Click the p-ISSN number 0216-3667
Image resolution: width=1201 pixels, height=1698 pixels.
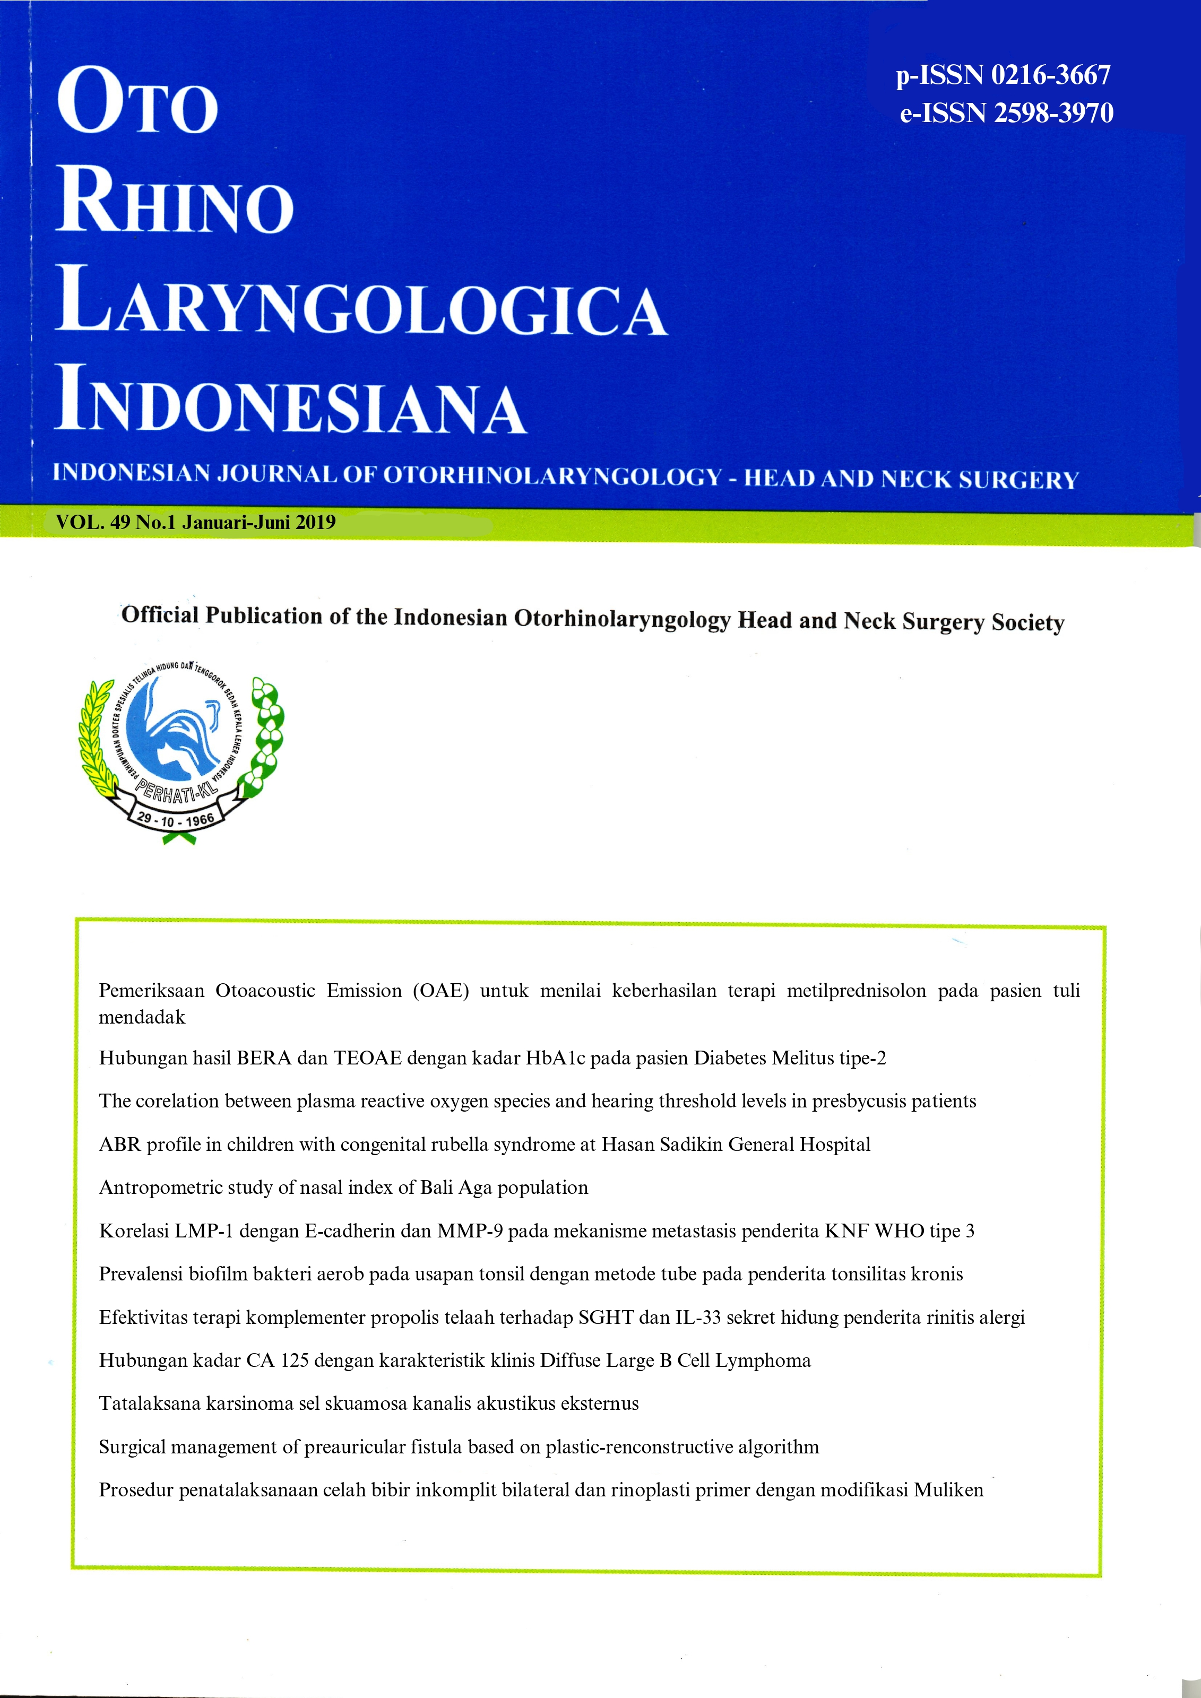pyautogui.click(x=1050, y=75)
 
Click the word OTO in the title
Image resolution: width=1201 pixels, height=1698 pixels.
pyautogui.click(x=137, y=101)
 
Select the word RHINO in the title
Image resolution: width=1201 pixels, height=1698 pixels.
pyautogui.click(x=175, y=201)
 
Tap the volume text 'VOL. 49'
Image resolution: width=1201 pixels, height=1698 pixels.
pyautogui.click(x=92, y=522)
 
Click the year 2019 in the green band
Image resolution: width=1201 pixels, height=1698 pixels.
pyautogui.click(x=316, y=522)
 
